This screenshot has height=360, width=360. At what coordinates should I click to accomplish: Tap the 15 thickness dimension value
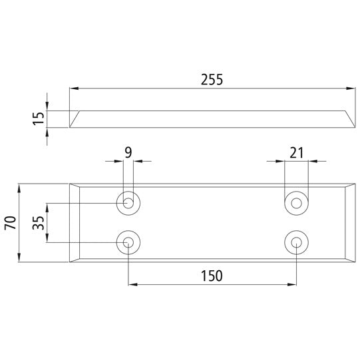point(38,118)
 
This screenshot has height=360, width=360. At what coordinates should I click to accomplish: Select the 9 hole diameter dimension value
point(128,152)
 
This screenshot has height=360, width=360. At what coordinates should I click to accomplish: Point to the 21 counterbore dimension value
point(296,152)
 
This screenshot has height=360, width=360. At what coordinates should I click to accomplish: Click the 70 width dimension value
point(10,222)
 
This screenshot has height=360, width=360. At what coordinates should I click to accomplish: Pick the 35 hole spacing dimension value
point(38,222)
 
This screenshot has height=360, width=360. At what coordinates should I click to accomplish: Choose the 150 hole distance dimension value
point(212,275)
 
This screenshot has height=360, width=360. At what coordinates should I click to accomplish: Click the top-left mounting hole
point(128,202)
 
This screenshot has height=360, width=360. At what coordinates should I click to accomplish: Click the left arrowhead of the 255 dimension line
point(73,88)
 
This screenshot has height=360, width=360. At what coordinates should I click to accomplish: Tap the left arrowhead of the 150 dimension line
point(132,285)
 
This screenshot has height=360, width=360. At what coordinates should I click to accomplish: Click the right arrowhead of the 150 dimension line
point(292,285)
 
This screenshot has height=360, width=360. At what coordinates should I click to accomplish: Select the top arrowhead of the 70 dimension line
point(20,186)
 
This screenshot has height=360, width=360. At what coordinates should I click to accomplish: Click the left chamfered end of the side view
point(75,118)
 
